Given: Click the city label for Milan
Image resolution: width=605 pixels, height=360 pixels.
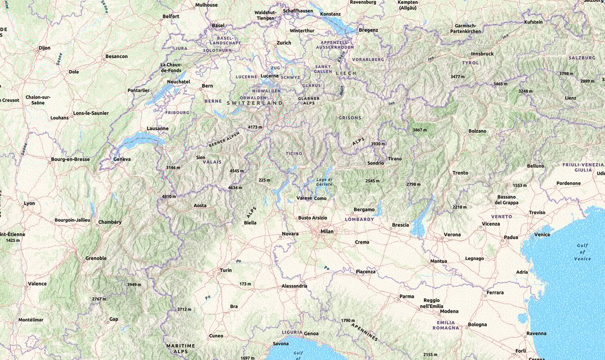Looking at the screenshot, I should [x=327, y=231].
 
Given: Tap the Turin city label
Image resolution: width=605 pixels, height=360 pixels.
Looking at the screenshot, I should [x=225, y=270].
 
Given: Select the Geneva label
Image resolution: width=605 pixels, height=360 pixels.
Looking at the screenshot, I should [x=122, y=159].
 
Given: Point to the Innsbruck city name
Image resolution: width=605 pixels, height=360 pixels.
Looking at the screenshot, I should [x=482, y=54].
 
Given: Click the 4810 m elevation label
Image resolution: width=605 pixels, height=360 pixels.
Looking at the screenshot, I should [x=169, y=196].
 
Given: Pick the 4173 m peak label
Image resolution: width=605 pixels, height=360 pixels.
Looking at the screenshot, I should [x=255, y=127].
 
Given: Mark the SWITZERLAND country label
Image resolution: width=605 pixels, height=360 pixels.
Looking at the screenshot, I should [x=255, y=103].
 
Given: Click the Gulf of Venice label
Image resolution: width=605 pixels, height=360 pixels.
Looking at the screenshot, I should [x=582, y=252].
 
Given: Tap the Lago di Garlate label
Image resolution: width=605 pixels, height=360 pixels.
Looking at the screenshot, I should [x=324, y=182].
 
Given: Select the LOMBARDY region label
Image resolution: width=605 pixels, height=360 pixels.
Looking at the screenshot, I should [x=359, y=219].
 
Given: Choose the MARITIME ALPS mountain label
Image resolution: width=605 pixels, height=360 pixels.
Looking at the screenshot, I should [x=181, y=349].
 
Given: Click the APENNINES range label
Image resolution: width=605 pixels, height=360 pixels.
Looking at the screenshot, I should [x=364, y=330].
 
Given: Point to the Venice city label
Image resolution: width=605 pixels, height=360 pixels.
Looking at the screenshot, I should [x=542, y=235].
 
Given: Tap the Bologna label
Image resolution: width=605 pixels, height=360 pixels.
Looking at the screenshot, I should [x=477, y=325].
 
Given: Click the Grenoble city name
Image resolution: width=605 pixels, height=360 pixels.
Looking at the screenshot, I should [x=96, y=258].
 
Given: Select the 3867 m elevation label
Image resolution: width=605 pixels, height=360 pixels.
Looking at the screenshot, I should [x=420, y=130].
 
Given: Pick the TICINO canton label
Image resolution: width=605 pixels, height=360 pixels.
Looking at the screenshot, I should [x=294, y=153].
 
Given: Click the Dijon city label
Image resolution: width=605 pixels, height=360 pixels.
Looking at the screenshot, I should [x=44, y=48].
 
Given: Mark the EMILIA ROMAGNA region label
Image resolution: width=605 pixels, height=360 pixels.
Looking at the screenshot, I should [x=445, y=325].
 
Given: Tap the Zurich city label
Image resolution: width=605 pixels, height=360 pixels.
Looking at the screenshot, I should [x=284, y=43].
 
